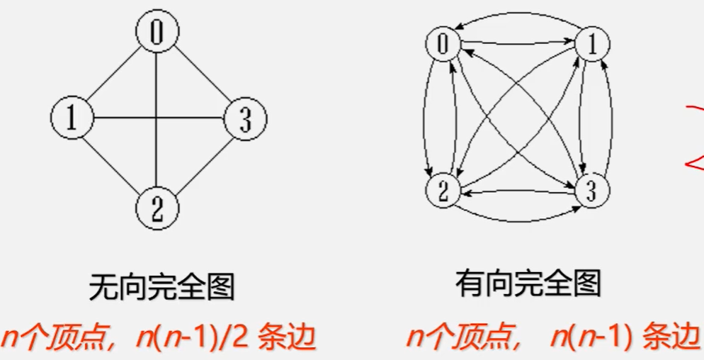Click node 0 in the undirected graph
[x=157, y=30]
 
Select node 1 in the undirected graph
[x=72, y=117]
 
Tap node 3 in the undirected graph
[x=245, y=119]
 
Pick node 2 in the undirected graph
[x=157, y=207]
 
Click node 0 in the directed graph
[x=443, y=44]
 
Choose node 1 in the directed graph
[x=593, y=45]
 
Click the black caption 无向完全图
[x=161, y=288]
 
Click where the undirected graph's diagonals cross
[x=157, y=118]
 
